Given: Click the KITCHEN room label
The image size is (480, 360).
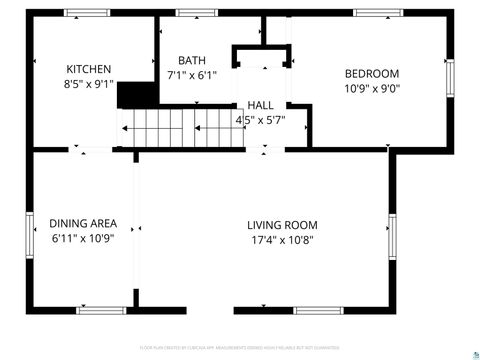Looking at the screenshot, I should point(89,69).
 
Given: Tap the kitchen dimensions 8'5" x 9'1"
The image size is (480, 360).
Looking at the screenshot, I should point(89,85).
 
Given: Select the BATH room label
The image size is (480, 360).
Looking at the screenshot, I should point(192,60).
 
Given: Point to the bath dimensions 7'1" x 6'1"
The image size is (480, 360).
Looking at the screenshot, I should point(192,75).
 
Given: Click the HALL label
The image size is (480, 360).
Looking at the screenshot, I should point(260,105).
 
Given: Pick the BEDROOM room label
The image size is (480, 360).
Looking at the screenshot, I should point(372,73).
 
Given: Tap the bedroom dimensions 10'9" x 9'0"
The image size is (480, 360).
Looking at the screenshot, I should point(372,88).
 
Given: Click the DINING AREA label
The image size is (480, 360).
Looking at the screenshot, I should point(83,223).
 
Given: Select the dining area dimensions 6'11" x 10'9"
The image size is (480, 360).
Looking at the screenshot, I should point(83,239).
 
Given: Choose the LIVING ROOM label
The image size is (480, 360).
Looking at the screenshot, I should point(283,225).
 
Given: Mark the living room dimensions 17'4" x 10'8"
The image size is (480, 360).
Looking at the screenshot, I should point(283,240).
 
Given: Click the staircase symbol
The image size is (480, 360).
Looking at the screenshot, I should point(180,127).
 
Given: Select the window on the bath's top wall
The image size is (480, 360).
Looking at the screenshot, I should point(190,13).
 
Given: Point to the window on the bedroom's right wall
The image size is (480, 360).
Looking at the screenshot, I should point(450,76).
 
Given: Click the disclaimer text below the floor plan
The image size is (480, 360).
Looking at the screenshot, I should point(240,348).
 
